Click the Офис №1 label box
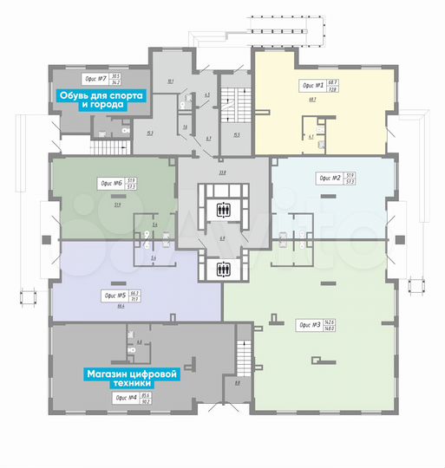pyautogui.click(x=317, y=86)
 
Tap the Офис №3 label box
pyautogui.click(x=316, y=325)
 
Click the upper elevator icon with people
pyautogui.click(x=223, y=209)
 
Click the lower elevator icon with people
pyautogui.click(x=223, y=268)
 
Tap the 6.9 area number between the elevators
pyautogui.click(x=223, y=238)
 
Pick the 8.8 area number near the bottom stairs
pyautogui.click(x=237, y=381)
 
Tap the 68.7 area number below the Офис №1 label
pyautogui.click(x=311, y=100)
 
